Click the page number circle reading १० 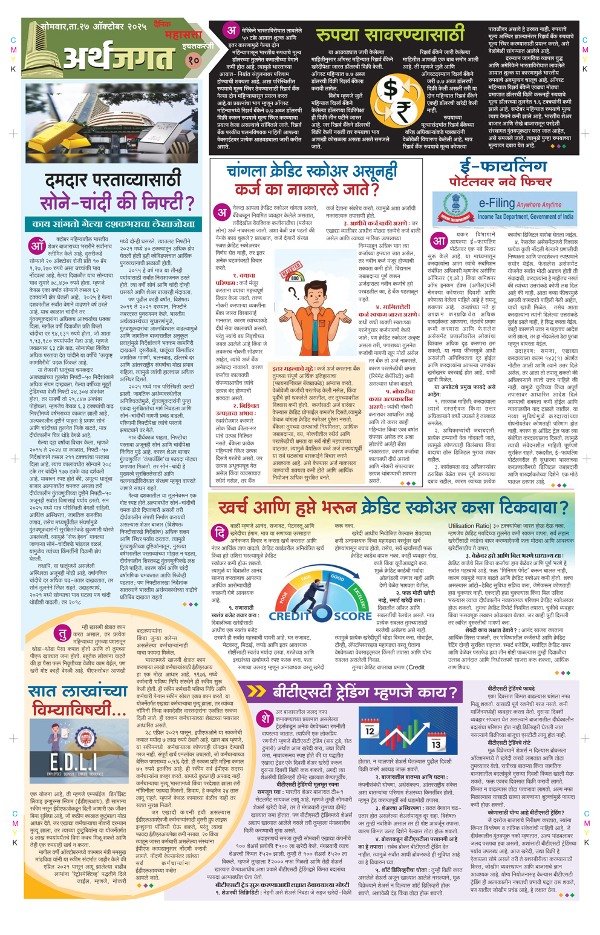coord(193,60)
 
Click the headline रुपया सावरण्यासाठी coord(390,34)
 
